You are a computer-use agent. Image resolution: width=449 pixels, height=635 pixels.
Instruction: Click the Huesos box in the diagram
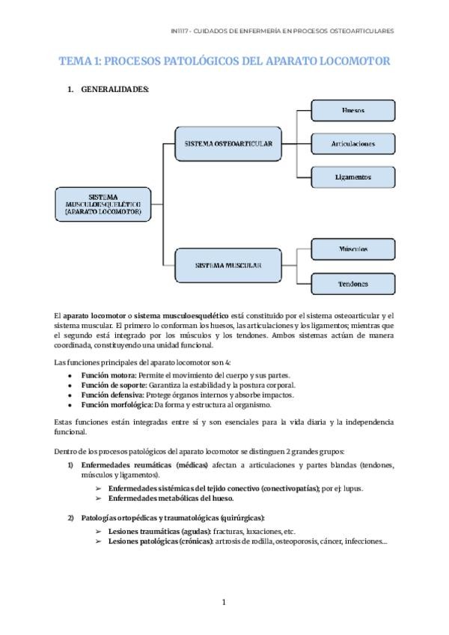(x=352, y=110)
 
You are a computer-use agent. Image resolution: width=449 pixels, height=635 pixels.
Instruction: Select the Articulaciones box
(x=352, y=143)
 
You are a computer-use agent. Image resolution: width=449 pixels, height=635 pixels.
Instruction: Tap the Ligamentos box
(x=352, y=177)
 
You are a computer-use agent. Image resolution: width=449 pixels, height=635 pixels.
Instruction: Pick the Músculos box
(x=352, y=249)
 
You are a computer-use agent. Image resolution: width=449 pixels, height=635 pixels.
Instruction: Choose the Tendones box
(x=352, y=284)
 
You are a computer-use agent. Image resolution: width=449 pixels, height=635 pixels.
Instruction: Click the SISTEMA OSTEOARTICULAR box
(x=223, y=143)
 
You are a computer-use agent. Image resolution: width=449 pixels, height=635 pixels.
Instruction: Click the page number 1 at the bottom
(x=224, y=601)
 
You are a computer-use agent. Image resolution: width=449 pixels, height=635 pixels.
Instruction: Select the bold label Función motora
(x=104, y=374)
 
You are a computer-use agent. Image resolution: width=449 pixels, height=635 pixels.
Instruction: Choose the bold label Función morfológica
(x=113, y=404)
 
